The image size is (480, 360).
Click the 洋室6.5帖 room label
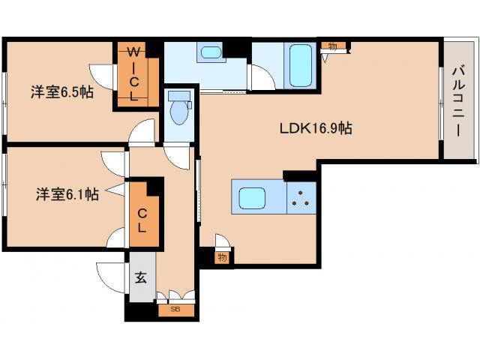click(61, 91)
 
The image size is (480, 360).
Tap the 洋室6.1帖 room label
click(67, 194)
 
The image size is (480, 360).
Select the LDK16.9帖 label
click(316, 128)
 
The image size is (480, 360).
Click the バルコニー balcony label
click(458, 101)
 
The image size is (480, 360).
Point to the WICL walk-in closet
click(138, 74)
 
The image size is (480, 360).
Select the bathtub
click(300, 65)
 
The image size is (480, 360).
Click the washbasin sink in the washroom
click(211, 52)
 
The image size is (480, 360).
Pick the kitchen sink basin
click(252, 198)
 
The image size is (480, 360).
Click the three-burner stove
click(301, 198)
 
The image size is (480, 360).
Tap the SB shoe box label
click(176, 310)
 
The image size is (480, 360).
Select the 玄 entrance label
click(141, 277)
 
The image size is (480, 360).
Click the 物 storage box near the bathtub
click(333, 46)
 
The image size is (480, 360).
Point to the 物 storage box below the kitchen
click(223, 257)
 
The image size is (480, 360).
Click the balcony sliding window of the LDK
click(441, 103)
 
